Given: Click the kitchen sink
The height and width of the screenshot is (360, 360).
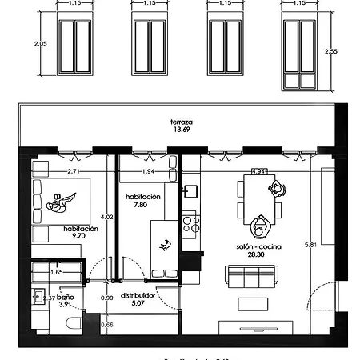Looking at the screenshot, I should (190, 192).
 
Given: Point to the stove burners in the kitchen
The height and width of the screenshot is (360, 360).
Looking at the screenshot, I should (190, 222).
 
